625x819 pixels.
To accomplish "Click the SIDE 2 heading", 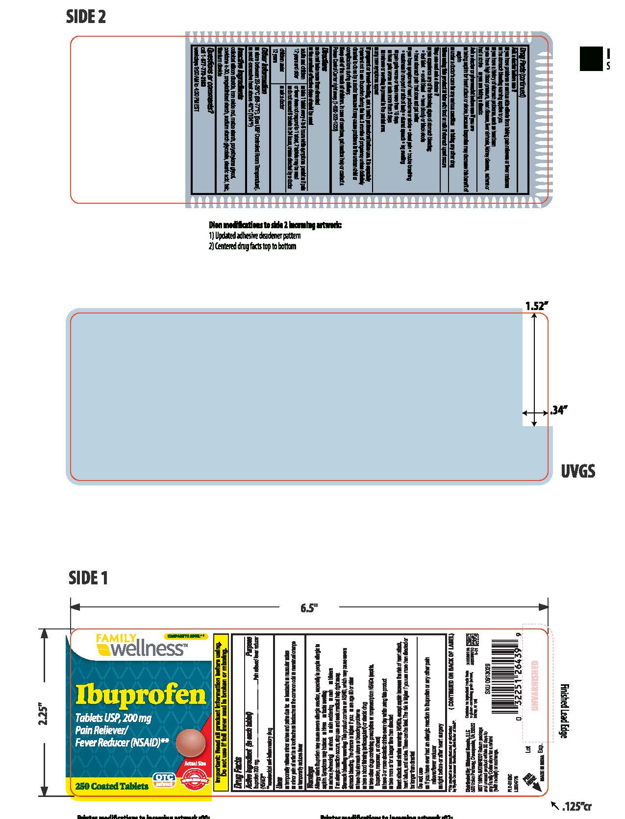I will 86,17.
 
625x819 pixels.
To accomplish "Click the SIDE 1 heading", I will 88,578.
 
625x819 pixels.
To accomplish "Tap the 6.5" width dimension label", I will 309,608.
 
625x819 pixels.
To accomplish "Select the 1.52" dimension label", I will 536,306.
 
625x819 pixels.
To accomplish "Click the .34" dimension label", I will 558,410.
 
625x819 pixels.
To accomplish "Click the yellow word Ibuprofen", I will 140,695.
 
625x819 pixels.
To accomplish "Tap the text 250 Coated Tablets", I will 112,786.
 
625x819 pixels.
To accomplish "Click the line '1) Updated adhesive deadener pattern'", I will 255,236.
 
